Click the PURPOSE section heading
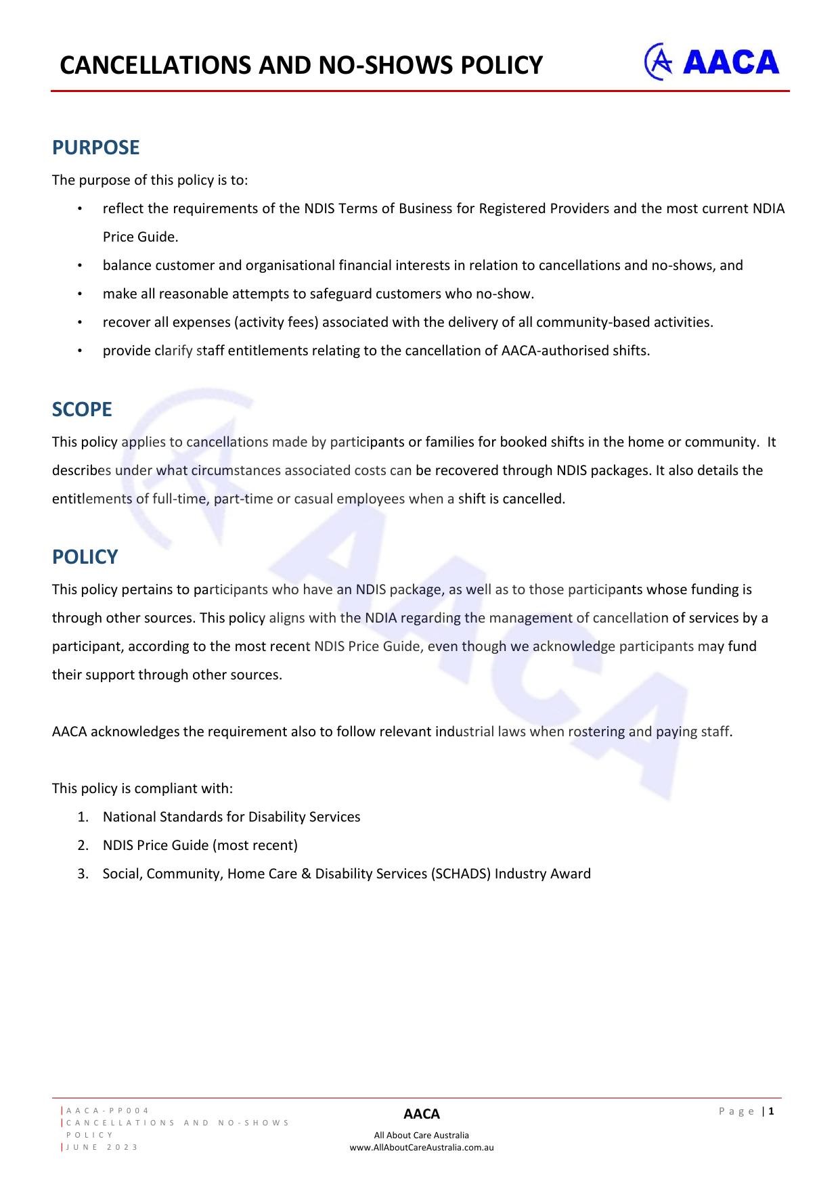(95, 148)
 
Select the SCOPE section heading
(82, 409)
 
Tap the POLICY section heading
(85, 557)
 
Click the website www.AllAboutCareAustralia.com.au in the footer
(421, 1147)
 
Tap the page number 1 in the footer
(771, 1111)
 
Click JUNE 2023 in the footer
(102, 1147)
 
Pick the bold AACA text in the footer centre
(421, 1114)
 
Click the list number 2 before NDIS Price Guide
(83, 845)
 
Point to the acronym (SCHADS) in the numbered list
(460, 874)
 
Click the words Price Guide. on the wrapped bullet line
(140, 237)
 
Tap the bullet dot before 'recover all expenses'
(80, 322)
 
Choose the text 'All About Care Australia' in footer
(421, 1135)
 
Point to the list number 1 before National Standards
(83, 817)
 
